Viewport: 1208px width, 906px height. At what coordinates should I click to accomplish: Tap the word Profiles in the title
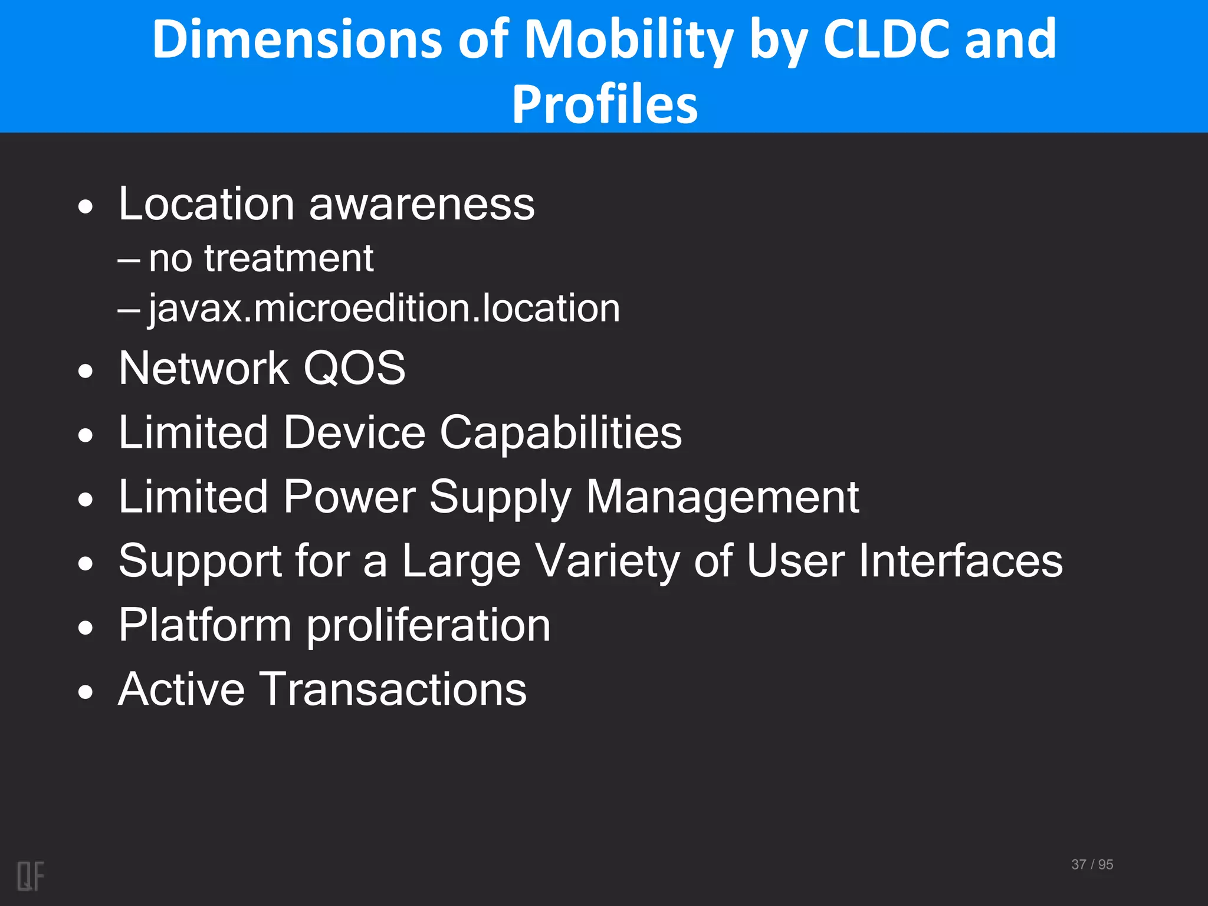(x=605, y=104)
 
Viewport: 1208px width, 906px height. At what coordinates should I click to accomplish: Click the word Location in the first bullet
(x=206, y=203)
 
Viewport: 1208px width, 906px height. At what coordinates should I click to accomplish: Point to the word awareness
(x=422, y=205)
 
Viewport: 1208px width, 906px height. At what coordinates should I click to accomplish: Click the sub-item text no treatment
(x=261, y=258)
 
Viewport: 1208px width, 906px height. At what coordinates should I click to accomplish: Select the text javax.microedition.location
(x=384, y=308)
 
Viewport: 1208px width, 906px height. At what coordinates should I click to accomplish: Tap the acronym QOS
(x=354, y=368)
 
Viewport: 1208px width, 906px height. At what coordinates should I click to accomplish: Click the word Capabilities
(x=560, y=433)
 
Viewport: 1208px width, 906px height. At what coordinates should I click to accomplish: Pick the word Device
(x=354, y=432)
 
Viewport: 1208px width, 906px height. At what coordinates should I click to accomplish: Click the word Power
(x=349, y=497)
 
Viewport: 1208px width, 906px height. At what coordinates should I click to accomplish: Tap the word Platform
(x=205, y=625)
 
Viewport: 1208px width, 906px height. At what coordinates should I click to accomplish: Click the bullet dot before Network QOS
(x=86, y=371)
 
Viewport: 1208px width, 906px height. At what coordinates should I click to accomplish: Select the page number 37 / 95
(x=1092, y=864)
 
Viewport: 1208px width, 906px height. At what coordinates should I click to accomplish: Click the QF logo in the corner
(x=30, y=876)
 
